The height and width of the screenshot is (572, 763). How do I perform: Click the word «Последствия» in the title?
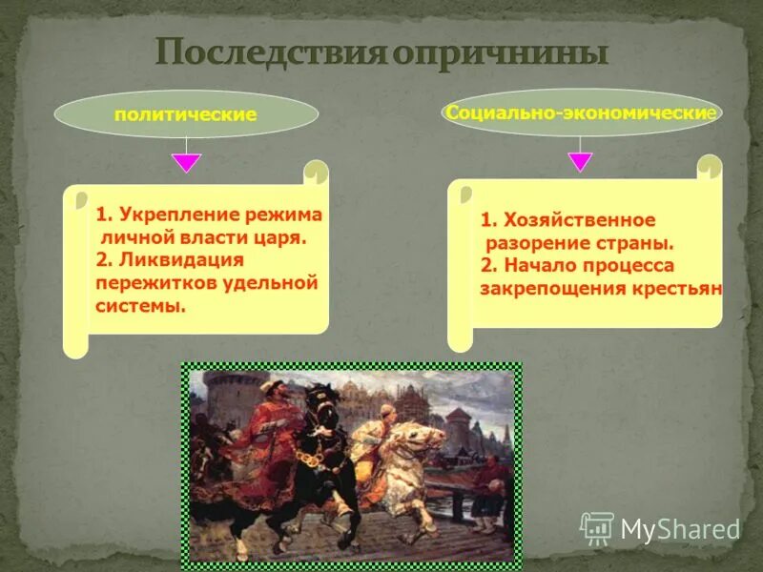tap(269, 51)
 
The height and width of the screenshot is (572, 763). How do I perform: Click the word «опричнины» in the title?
tap(500, 51)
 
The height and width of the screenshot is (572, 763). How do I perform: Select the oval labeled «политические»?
tap(186, 114)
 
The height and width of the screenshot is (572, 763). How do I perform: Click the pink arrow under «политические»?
tap(187, 162)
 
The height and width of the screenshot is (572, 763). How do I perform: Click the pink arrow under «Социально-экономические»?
tap(580, 162)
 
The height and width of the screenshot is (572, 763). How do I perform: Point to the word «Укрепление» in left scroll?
tap(171, 215)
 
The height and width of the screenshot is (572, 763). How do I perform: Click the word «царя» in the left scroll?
tap(285, 237)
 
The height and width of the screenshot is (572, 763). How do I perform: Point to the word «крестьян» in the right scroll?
tap(679, 288)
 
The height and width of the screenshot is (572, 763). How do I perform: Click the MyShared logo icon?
tap(597, 527)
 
